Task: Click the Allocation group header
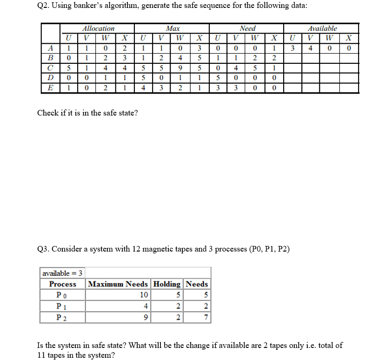98,28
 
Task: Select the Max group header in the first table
173,28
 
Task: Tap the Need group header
247,28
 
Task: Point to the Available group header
322,28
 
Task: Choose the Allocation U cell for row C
68,68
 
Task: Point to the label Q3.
43,249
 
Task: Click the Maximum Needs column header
118,284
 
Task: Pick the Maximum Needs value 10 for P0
143,295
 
